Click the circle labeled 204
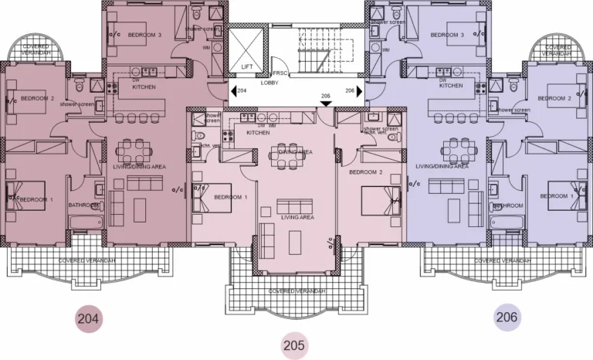coord(90,317)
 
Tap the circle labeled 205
coord(293,345)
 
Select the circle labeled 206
coord(507,316)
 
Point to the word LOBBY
coord(269,81)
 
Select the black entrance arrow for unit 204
coord(232,91)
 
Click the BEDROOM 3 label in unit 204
coord(145,36)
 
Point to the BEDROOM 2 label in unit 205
coord(366,172)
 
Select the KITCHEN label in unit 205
coord(258,133)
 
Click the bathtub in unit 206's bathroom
coord(507,223)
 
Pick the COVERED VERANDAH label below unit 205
coord(294,291)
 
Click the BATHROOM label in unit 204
coord(83,205)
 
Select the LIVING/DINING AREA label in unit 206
coord(442,166)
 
